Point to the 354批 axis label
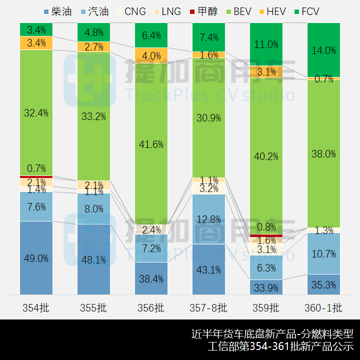(36, 307)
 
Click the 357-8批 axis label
(208, 307)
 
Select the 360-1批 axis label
(323, 307)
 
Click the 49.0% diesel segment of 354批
(36, 258)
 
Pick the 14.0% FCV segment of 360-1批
(323, 50)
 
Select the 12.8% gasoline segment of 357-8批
(208, 219)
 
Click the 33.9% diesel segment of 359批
(266, 287)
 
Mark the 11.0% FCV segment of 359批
(266, 44)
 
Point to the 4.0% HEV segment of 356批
(151, 55)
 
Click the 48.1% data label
(94, 260)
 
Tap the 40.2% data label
(266, 156)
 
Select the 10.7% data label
(323, 254)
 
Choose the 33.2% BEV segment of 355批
(94, 116)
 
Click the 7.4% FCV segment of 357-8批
(208, 37)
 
